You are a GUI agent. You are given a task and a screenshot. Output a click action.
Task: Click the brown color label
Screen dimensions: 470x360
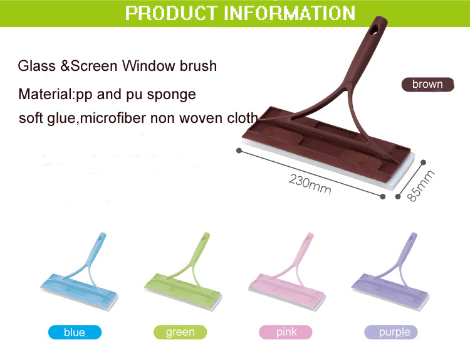[428, 84]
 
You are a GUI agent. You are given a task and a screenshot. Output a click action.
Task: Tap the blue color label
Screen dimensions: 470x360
[75, 332]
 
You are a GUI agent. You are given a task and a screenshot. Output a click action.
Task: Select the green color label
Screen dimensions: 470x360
[180, 332]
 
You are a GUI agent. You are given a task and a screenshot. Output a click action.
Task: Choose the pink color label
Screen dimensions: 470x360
[286, 332]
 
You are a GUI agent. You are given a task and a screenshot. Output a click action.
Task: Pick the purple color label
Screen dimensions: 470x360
[391, 332]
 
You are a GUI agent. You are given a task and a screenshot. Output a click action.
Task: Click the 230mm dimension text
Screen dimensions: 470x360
[310, 184]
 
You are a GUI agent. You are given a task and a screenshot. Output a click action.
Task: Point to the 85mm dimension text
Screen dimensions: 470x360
[421, 186]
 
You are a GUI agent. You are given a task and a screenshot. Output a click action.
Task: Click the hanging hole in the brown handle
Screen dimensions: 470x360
[375, 29]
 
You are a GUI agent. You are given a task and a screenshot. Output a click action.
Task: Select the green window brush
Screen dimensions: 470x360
[184, 272]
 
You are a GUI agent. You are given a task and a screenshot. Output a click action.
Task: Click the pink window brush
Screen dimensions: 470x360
[287, 272]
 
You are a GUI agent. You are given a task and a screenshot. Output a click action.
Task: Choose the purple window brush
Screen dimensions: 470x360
[390, 272]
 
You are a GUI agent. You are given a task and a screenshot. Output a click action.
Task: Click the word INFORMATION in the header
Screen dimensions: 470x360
[290, 13]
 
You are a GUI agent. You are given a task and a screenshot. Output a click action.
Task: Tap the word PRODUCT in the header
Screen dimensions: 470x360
[171, 13]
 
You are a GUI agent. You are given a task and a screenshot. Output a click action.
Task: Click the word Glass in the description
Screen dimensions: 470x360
[36, 66]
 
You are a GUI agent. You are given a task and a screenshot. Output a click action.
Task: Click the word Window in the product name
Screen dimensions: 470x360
[149, 66]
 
